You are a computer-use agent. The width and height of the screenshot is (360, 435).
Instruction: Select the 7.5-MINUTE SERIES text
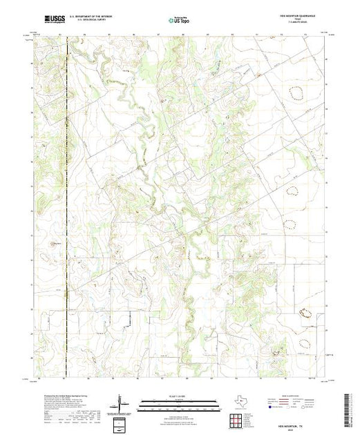click(303, 25)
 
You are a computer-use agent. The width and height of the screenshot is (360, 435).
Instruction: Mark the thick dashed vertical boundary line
click(66, 207)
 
